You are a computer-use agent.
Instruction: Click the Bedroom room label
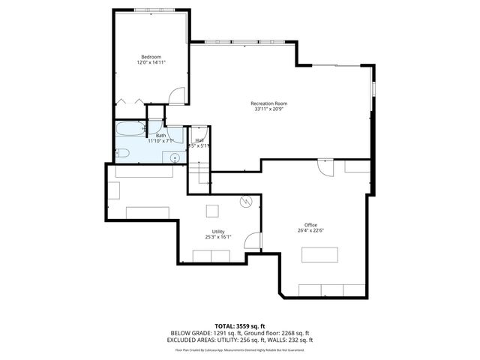151,57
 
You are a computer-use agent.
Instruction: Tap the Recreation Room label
268,103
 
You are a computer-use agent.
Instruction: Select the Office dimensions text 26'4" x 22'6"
310,231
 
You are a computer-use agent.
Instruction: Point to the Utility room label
218,231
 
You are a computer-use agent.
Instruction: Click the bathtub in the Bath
130,129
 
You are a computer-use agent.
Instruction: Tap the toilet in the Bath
124,154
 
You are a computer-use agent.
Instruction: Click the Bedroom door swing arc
175,96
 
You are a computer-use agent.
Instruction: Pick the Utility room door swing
253,241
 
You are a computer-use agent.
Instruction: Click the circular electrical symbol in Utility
245,202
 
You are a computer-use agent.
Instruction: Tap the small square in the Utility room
213,210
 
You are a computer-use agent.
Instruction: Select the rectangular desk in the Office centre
319,255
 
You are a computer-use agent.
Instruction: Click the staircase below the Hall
199,175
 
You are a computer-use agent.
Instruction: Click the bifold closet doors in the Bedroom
127,101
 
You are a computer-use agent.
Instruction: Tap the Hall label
199,140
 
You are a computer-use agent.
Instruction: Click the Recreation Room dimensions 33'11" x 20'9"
268,109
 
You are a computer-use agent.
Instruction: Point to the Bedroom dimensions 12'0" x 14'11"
151,63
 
